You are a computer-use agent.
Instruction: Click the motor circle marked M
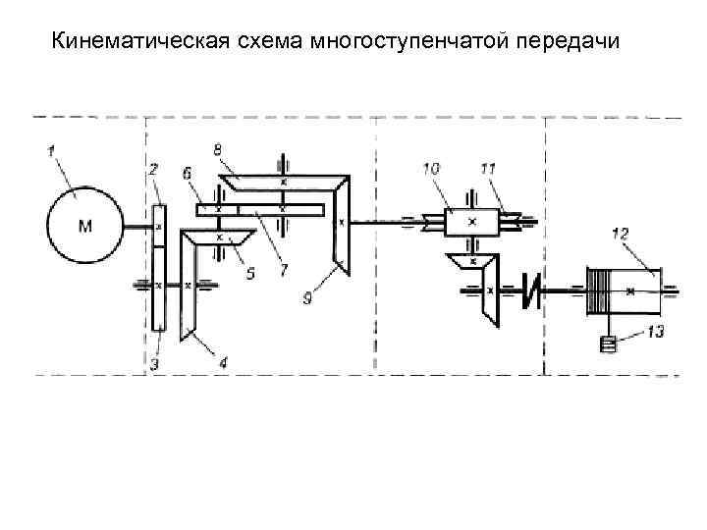(x=85, y=226)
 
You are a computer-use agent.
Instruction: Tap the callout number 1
(x=52, y=150)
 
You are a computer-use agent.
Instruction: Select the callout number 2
(x=153, y=169)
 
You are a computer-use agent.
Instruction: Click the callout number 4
(x=224, y=363)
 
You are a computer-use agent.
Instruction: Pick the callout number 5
(x=250, y=275)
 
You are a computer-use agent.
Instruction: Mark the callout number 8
(x=218, y=148)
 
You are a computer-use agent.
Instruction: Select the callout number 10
(x=431, y=169)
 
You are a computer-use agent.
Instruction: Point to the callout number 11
(x=488, y=169)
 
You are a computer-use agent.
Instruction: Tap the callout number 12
(x=620, y=233)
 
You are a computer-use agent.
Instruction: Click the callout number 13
(x=655, y=332)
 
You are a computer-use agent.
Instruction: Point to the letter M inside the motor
(x=85, y=227)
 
